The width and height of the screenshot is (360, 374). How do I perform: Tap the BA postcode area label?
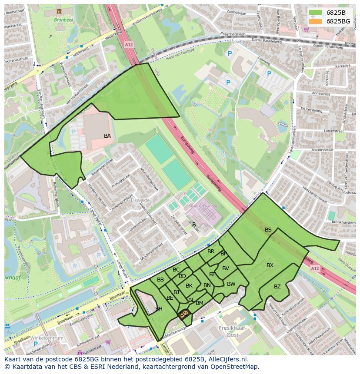pyautogui.click(x=107, y=136)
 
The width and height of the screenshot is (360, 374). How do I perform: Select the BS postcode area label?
pyautogui.click(x=268, y=230)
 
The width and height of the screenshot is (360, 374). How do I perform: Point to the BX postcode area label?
pyautogui.click(x=270, y=265)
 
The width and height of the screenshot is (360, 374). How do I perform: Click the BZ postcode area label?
pyautogui.click(x=277, y=287)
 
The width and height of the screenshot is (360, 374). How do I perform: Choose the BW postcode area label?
pyautogui.click(x=231, y=284)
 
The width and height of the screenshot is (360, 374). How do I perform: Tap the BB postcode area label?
pyautogui.click(x=160, y=280)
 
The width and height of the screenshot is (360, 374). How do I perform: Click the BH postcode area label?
pyautogui.click(x=159, y=309)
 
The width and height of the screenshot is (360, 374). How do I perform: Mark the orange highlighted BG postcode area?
pyautogui.click(x=184, y=314)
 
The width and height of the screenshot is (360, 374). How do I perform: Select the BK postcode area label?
pyautogui.click(x=189, y=286)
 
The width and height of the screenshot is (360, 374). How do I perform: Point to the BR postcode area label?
pyautogui.click(x=211, y=252)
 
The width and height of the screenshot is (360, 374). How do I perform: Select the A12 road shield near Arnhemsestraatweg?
pyautogui.click(x=128, y=44)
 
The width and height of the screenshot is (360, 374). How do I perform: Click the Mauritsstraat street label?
pyautogui.click(x=321, y=150)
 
